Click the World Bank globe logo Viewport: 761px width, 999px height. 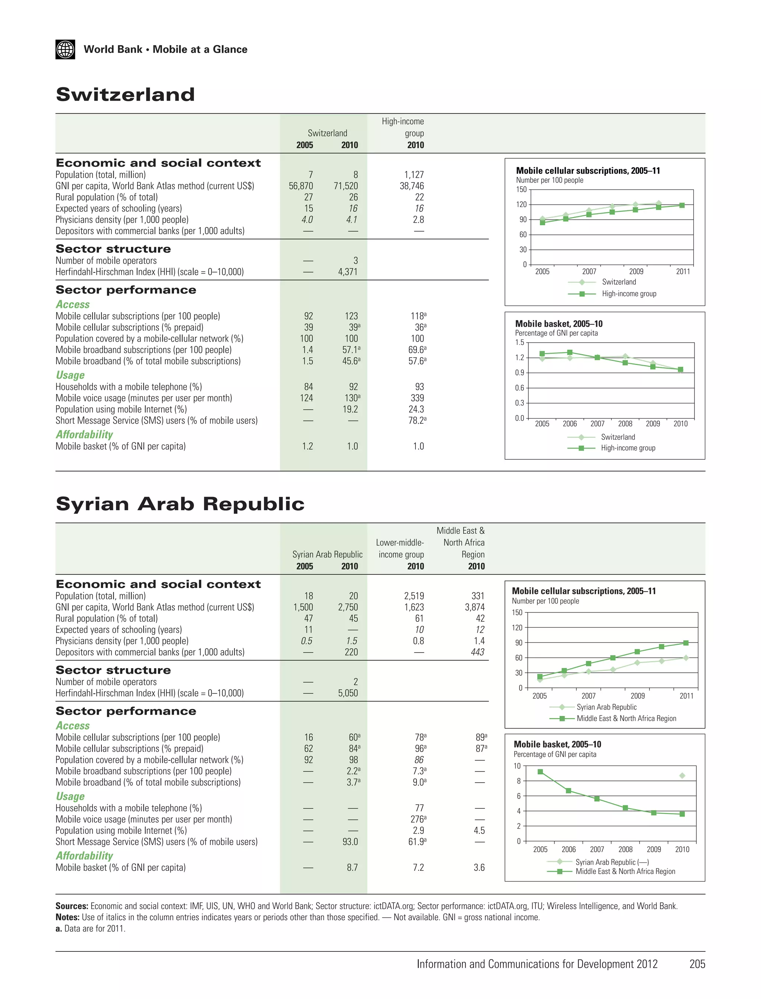[x=65, y=49]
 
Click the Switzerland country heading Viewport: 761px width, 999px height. [x=125, y=95]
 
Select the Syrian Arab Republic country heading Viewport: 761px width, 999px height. [x=180, y=504]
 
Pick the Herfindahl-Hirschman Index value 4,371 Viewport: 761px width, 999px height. [x=347, y=272]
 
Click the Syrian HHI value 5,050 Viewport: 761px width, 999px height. [x=347, y=693]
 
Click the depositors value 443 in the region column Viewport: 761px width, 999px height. [x=477, y=652]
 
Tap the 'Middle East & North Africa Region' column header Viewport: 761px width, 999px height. [x=461, y=542]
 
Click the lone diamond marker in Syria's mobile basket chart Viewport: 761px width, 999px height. [x=682, y=776]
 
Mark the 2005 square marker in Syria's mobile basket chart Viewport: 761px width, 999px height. [x=540, y=772]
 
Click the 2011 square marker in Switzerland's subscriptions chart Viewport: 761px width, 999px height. [x=682, y=205]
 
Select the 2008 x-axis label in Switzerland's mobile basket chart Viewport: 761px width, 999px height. [x=625, y=424]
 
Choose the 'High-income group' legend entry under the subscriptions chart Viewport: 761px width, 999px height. [x=629, y=294]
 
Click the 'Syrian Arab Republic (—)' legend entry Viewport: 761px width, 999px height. [x=612, y=862]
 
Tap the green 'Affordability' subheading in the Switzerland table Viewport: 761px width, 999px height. [x=84, y=434]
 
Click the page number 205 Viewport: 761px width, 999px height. [x=697, y=964]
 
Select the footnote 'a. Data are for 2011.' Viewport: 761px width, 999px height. [x=90, y=928]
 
